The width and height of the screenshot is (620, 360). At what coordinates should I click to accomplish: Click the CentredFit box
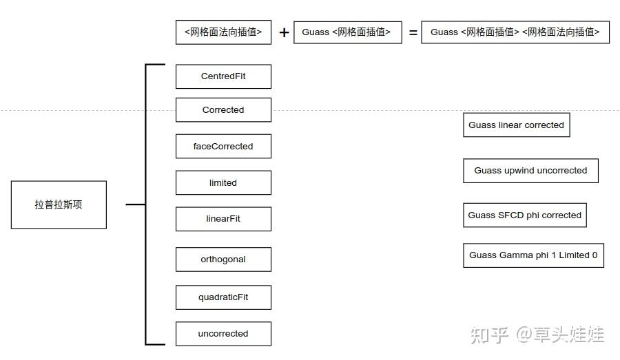(223, 76)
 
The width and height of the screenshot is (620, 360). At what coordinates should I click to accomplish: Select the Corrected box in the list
(223, 110)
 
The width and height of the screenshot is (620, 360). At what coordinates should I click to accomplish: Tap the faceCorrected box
(223, 147)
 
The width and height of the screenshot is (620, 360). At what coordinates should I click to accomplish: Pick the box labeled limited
(223, 183)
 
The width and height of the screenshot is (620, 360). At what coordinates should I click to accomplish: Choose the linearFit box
(223, 219)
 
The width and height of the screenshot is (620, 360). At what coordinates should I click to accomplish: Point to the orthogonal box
(223, 260)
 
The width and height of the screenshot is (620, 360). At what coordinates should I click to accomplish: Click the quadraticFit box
(223, 297)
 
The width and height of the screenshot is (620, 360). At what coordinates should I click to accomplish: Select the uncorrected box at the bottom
(223, 334)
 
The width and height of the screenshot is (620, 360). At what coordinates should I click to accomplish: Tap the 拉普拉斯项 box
(59, 205)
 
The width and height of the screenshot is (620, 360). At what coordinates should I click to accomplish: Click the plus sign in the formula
(284, 32)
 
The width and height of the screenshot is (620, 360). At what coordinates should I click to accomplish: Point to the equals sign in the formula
(413, 32)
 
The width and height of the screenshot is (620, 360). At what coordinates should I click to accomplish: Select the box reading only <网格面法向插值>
(223, 32)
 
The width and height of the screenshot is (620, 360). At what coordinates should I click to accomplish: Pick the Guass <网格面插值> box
(347, 32)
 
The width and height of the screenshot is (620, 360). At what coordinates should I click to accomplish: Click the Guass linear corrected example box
(516, 125)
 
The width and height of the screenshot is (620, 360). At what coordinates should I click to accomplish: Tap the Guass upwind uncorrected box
(530, 171)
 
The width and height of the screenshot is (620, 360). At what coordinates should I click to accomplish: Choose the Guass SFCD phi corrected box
(524, 215)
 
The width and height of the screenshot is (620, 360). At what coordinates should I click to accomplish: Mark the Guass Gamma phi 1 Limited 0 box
(533, 255)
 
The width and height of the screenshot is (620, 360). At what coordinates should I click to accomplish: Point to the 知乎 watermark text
(490, 335)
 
